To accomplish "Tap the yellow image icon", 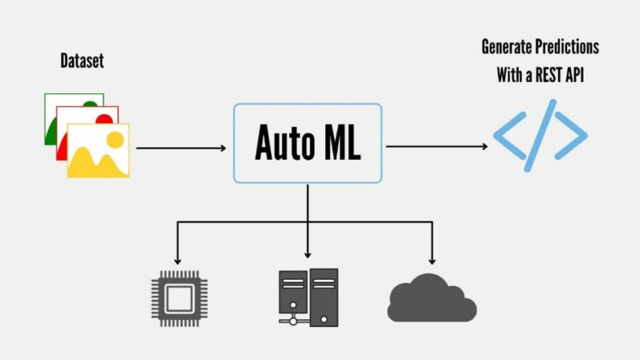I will (x=98, y=151).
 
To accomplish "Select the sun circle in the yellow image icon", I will (x=114, y=139).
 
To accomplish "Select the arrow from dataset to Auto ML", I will (x=181, y=148).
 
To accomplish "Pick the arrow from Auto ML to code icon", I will (x=437, y=146).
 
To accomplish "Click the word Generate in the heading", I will (x=507, y=47).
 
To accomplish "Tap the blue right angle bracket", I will (x=572, y=136).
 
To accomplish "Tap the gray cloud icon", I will (x=432, y=299).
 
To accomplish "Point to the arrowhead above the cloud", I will (x=432, y=257).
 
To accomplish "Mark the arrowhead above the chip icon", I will (x=177, y=257).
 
